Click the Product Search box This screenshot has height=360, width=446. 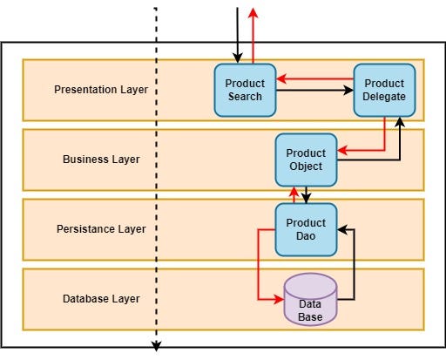click(245, 90)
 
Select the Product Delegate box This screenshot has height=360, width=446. click(384, 90)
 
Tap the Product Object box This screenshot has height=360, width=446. click(306, 160)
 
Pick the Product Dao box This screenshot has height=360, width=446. click(306, 229)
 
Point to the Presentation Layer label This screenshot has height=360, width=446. click(100, 90)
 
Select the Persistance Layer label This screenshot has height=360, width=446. click(100, 229)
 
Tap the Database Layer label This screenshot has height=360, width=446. click(100, 299)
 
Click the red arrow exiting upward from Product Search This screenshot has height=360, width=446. click(253, 35)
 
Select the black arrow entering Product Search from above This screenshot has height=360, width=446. click(236, 35)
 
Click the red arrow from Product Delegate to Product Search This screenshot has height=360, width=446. click(314, 80)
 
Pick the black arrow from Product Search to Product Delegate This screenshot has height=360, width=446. click(314, 90)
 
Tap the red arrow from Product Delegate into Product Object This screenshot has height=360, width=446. click(383, 139)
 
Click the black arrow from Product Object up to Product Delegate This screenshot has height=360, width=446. click(400, 144)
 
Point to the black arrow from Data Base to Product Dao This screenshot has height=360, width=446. click(355, 262)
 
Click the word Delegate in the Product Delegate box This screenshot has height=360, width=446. click(384, 97)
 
